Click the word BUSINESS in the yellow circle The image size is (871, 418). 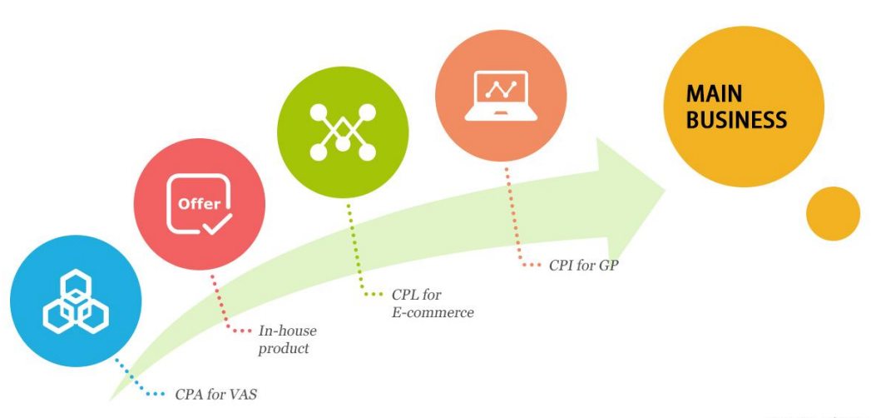pyautogui.click(x=737, y=119)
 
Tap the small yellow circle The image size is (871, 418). pyautogui.click(x=833, y=214)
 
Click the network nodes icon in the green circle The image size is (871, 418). pyautogui.click(x=342, y=132)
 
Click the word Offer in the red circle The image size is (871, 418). pyautogui.click(x=199, y=203)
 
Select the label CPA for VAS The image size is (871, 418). pyautogui.click(x=215, y=394)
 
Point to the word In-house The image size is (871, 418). pyautogui.click(x=287, y=331)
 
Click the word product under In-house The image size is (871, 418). pyautogui.click(x=283, y=348)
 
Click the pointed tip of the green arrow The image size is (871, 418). pyautogui.click(x=663, y=191)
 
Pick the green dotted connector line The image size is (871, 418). pyautogui.click(x=355, y=250)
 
